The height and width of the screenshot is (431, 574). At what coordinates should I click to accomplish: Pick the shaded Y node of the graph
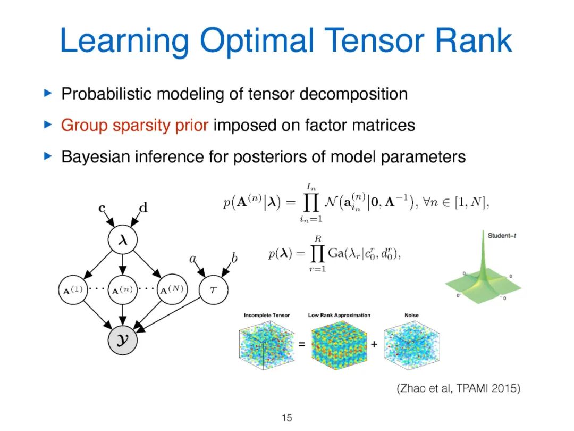pyautogui.click(x=123, y=337)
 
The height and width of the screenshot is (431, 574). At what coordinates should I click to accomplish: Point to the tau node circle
pyautogui.click(x=213, y=290)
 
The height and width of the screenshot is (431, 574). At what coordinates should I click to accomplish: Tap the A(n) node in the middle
pyautogui.click(x=123, y=290)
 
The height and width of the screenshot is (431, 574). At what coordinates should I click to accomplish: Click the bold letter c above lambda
pyautogui.click(x=102, y=208)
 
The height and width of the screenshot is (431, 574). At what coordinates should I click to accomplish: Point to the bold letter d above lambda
pyautogui.click(x=143, y=208)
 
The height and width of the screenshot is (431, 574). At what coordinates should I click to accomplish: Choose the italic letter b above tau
pyautogui.click(x=234, y=259)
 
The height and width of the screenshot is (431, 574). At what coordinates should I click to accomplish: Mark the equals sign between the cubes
pyautogui.click(x=302, y=345)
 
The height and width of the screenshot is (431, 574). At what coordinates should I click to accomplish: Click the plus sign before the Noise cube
pyautogui.click(x=374, y=345)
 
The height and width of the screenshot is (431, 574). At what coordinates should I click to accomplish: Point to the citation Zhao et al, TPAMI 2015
pyautogui.click(x=459, y=389)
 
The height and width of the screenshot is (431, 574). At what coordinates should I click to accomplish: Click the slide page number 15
pyautogui.click(x=287, y=418)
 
